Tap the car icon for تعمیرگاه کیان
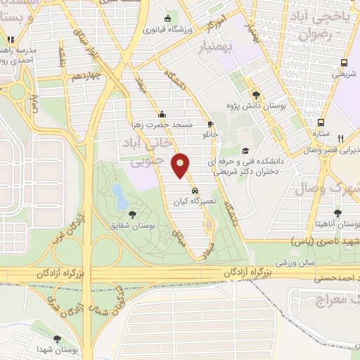pos(194,190)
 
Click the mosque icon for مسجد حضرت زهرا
pos(162,114)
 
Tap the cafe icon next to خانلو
pos(210,123)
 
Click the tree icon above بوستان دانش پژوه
pos(255,94)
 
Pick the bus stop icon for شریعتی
pos(343,62)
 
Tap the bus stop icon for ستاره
pos(321,121)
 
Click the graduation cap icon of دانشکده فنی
pos(245,150)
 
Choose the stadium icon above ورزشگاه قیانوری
pos(167,19)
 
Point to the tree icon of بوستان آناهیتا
pos(338,211)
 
